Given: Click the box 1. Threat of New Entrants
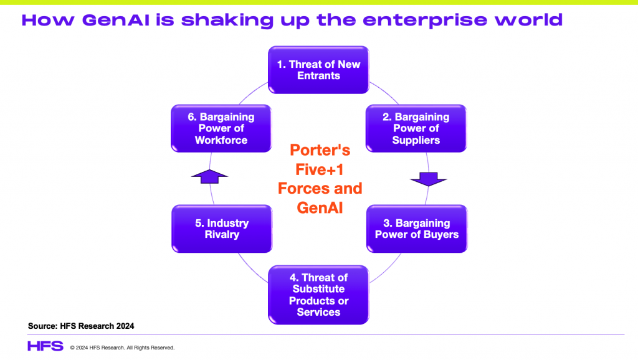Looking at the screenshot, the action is [x=318, y=70].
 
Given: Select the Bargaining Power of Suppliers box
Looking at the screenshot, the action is [x=416, y=128].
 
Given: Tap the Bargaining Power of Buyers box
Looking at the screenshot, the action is [x=417, y=229].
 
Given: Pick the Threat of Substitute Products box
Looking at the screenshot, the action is [x=318, y=295].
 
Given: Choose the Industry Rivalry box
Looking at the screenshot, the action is [x=222, y=229].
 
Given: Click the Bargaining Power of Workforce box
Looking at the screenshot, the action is [x=221, y=128].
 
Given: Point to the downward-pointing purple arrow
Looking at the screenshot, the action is [x=429, y=179].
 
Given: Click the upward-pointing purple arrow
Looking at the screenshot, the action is [x=209, y=176].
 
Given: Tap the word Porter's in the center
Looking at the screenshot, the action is [x=320, y=150].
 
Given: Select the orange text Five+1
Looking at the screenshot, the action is [x=320, y=169].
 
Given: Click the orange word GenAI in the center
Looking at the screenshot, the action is [x=320, y=208].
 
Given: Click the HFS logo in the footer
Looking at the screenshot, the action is [x=45, y=346].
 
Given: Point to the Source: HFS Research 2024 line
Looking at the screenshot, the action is [x=81, y=326].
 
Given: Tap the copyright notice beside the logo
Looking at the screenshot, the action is [x=122, y=348].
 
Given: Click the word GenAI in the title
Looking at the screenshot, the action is [x=116, y=20].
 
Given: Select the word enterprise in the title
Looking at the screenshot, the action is [x=425, y=21].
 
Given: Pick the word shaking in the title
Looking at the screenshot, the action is [x=227, y=21].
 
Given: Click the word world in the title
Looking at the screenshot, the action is [x=528, y=19].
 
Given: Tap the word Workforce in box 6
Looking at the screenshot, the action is [x=221, y=140].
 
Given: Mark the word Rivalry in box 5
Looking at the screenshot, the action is [x=222, y=234].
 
